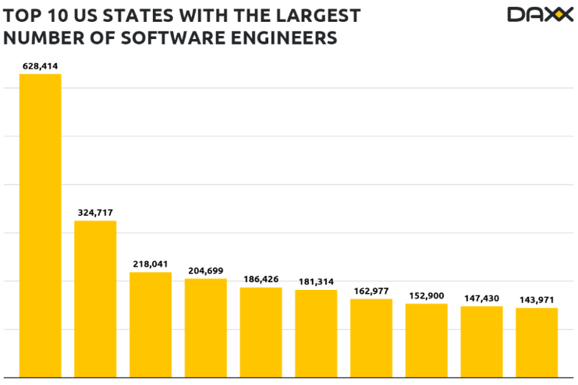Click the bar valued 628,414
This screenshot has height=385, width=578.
click(40, 225)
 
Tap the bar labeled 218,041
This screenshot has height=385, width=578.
click(151, 324)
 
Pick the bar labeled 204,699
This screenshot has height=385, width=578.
click(205, 327)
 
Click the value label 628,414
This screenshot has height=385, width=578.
click(40, 67)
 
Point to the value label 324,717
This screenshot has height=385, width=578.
click(95, 213)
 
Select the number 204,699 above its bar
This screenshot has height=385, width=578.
click(205, 270)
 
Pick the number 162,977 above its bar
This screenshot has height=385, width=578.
click(371, 291)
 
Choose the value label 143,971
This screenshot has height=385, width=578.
click(537, 300)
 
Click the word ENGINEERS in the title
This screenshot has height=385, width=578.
click(284, 37)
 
